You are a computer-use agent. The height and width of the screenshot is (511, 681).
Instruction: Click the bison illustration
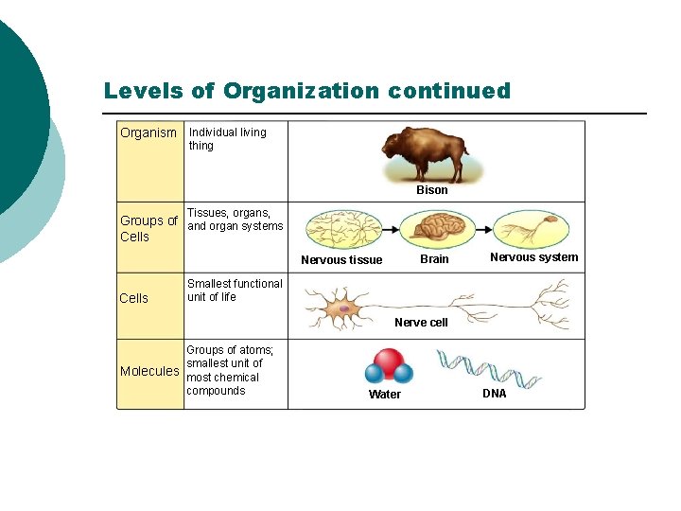click(x=425, y=153)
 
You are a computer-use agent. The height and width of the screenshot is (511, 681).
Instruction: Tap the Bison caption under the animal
click(x=432, y=190)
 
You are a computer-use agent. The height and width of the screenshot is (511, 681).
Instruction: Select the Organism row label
click(x=148, y=133)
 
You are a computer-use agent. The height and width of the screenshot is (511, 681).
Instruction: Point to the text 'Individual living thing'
click(x=227, y=139)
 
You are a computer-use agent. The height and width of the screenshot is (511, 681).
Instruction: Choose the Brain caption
click(x=434, y=259)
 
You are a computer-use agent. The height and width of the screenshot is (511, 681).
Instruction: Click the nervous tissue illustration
click(x=342, y=230)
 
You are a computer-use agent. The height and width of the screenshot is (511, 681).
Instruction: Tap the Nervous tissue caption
click(x=341, y=260)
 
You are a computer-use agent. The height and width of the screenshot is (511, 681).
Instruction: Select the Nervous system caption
click(x=533, y=257)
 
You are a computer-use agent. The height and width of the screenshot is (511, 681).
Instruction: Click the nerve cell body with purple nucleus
click(x=345, y=308)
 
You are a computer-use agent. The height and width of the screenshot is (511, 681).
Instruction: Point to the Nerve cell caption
click(x=421, y=323)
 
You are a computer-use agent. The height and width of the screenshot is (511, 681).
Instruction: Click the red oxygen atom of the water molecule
click(x=386, y=361)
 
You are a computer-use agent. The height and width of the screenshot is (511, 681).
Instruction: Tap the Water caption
click(x=384, y=395)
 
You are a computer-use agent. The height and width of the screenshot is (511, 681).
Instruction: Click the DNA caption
click(x=495, y=394)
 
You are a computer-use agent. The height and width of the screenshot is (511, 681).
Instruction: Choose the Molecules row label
click(x=149, y=371)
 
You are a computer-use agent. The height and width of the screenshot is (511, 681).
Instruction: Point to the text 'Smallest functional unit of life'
click(x=235, y=291)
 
